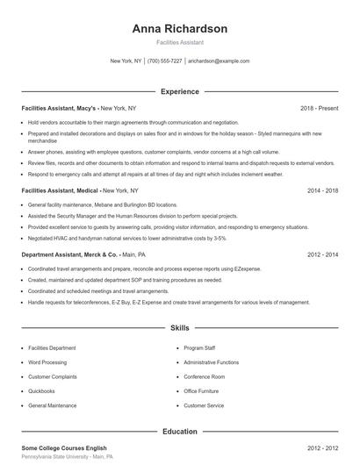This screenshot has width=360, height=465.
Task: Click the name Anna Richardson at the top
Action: pyautogui.click(x=180, y=28)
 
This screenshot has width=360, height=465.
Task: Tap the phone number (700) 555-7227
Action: pyautogui.click(x=165, y=61)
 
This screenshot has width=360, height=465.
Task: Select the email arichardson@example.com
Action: pyautogui.click(x=219, y=61)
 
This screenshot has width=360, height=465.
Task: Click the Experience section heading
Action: pyautogui.click(x=180, y=91)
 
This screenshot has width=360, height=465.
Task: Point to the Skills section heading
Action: pyautogui.click(x=180, y=328)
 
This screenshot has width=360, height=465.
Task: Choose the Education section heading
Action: pyautogui.click(x=180, y=432)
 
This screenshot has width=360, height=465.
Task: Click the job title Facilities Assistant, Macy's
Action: pyautogui.click(x=59, y=108)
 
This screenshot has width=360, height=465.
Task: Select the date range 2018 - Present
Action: pyautogui.click(x=319, y=108)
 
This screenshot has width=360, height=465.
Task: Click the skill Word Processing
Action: pyautogui.click(x=47, y=361)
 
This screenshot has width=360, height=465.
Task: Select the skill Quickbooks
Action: pyautogui.click(x=41, y=391)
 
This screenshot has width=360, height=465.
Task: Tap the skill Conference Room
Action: pyautogui.click(x=205, y=376)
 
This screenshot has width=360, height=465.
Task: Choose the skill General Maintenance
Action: pyautogui.click(x=52, y=406)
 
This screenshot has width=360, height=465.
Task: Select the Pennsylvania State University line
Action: pyautogui.click(x=67, y=458)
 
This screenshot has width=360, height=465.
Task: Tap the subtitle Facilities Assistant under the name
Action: pyautogui.click(x=180, y=42)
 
